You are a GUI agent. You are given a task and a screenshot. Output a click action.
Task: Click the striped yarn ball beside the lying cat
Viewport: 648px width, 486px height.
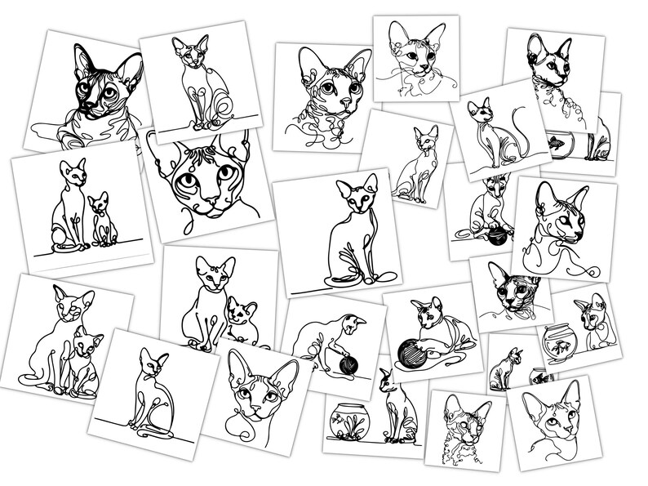pos(413,353)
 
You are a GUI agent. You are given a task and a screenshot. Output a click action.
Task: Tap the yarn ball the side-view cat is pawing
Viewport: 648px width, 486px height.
pos(348,364)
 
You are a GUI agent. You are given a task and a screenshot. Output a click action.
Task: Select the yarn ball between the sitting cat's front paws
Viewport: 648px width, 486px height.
pos(496,238)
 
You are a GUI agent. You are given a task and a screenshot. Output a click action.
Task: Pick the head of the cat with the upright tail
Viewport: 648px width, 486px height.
pos(477,109)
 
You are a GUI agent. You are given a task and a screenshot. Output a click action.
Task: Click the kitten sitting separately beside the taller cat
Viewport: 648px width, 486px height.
pos(100,206)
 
